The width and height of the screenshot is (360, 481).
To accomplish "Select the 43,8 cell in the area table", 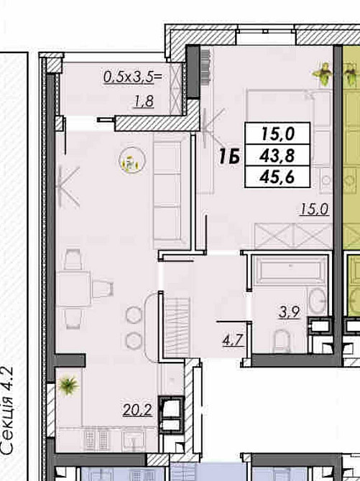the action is [277, 155].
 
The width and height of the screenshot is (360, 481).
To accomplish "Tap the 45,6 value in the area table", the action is [277, 177].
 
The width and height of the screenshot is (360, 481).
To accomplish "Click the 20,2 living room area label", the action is [137, 410].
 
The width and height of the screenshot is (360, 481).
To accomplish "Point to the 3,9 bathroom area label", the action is [290, 312].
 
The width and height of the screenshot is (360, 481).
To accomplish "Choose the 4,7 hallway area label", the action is [233, 340].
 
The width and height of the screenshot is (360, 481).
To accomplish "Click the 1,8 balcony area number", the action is [144, 101].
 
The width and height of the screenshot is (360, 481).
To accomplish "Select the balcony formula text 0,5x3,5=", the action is [133, 77].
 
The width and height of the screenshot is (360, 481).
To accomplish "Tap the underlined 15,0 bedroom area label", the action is [314, 210].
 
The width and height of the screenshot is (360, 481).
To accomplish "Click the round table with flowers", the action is [132, 160].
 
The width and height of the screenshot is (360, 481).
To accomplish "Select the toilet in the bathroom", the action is [282, 340].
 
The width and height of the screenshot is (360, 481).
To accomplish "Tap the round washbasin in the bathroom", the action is [318, 301].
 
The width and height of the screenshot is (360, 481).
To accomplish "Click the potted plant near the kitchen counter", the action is [68, 386].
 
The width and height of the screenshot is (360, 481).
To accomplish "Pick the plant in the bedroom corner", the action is [322, 74].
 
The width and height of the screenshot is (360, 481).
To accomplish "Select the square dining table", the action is [73, 289].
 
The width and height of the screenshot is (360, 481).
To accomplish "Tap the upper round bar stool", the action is [134, 314].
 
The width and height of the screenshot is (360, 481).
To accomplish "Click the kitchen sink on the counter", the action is [134, 441].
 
